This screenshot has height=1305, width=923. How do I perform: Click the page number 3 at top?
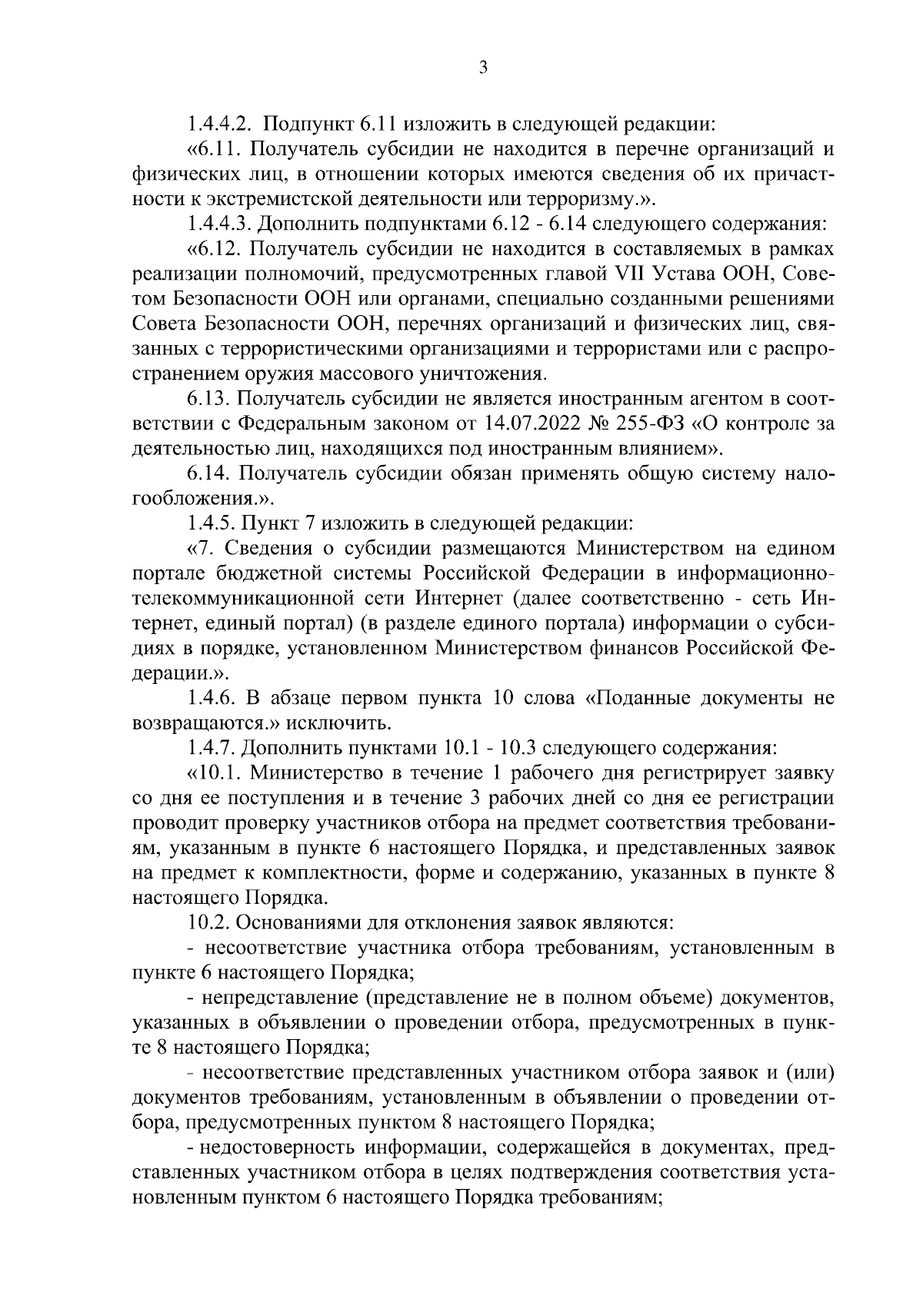point(482,68)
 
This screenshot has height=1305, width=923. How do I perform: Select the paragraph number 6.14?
point(206,475)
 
